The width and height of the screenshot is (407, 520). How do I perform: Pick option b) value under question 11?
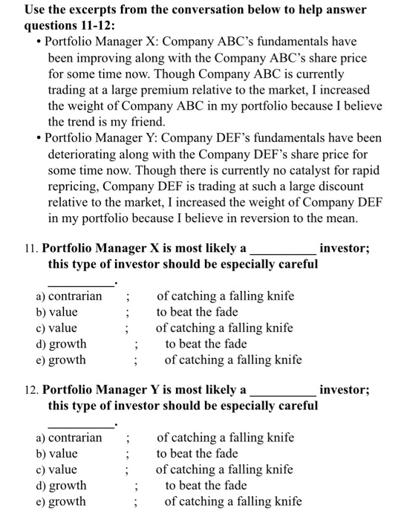pos(56,312)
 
